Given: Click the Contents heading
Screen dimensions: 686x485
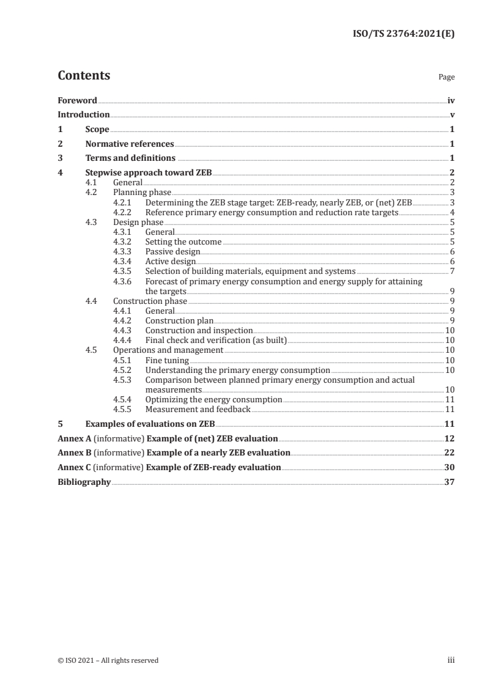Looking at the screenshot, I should click(x=84, y=76).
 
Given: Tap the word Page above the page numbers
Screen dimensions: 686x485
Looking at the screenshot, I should click(x=446, y=78).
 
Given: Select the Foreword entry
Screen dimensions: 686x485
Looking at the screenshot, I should click(x=77, y=100).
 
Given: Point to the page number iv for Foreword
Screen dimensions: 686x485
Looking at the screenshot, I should click(x=451, y=100).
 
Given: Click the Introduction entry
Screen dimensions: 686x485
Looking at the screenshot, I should click(x=84, y=115).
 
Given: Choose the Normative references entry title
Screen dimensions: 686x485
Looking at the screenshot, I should click(x=130, y=144).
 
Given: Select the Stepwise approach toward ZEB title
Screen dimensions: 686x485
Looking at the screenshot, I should click(x=149, y=173).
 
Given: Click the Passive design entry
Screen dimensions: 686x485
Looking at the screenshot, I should click(x=172, y=251).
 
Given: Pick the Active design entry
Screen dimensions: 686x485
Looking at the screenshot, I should click(x=171, y=262).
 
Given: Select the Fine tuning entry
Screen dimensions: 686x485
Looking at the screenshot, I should click(x=166, y=360).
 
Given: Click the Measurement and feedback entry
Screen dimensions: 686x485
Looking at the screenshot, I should click(x=198, y=409).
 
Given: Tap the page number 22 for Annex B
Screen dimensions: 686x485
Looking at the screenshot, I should click(x=450, y=453).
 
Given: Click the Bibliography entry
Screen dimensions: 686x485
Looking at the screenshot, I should click(x=84, y=482).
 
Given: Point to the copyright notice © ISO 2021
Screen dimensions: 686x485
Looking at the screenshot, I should click(x=108, y=660).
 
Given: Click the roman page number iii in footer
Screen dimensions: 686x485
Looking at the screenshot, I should click(x=451, y=660).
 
